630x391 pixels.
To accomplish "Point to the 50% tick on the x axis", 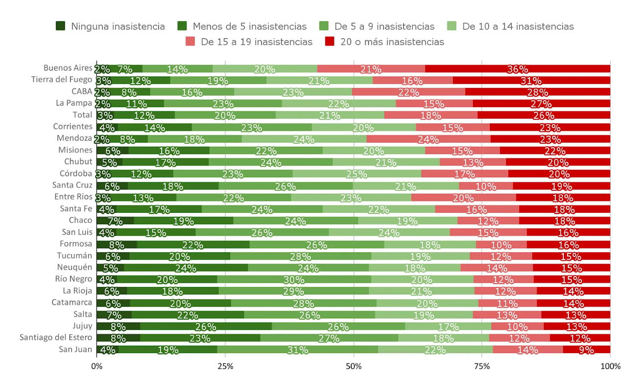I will (x=353, y=365).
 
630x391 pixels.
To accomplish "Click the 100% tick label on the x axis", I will (x=610, y=365).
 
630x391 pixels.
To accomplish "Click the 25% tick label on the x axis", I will (x=225, y=365).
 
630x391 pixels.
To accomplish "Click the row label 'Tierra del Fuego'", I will (x=62, y=80).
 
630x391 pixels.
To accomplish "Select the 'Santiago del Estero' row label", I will (x=56, y=337).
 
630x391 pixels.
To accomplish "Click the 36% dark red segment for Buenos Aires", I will (x=517, y=68).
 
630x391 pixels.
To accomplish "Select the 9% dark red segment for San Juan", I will (x=586, y=349).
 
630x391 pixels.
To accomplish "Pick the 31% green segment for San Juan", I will (x=297, y=349).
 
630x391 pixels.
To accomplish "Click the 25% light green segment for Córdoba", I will (x=356, y=173).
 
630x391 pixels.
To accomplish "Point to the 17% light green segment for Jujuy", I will (x=448, y=326).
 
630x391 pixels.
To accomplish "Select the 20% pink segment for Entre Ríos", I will (x=463, y=197).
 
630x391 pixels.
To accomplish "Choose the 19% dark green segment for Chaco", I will (x=183, y=220).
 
